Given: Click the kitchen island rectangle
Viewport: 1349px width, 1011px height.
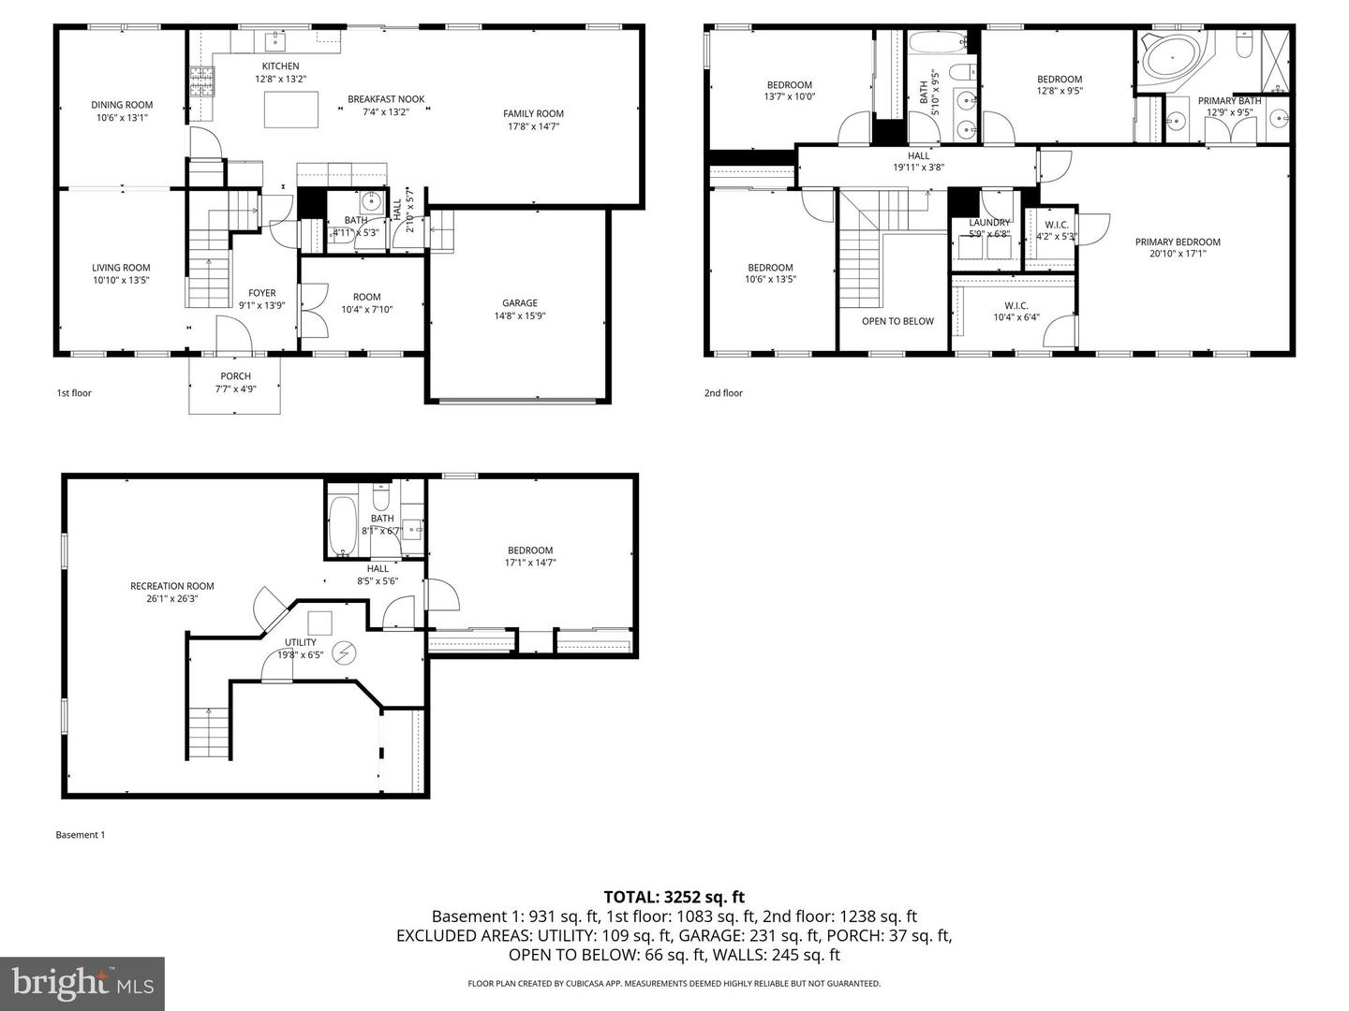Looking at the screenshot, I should tap(291, 110).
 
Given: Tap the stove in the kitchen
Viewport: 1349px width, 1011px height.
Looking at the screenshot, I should tap(202, 81).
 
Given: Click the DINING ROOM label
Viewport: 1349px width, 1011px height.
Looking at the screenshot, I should tap(122, 105).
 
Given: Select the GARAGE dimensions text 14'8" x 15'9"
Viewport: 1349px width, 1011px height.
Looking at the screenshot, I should tap(519, 315).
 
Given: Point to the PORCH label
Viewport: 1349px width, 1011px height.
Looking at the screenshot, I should tap(235, 376).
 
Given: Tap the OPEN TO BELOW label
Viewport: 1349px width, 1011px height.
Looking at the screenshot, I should tap(897, 321).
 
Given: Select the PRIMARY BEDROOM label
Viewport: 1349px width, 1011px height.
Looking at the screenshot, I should tap(1178, 242).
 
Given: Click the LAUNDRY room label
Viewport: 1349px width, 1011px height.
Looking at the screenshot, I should tap(989, 223).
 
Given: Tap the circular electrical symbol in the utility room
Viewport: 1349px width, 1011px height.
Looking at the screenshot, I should tap(345, 652).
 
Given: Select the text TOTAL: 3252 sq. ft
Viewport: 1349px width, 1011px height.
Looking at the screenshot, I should tap(674, 897).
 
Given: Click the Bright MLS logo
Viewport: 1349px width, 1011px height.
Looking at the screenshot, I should tap(82, 983).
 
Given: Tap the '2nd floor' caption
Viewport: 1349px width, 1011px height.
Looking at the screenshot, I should tap(723, 393).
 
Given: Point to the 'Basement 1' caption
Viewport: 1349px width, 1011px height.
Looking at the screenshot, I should tap(81, 835).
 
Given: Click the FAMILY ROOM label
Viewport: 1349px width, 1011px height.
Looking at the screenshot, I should tap(533, 113).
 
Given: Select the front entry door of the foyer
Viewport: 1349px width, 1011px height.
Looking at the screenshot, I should tap(233, 333).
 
